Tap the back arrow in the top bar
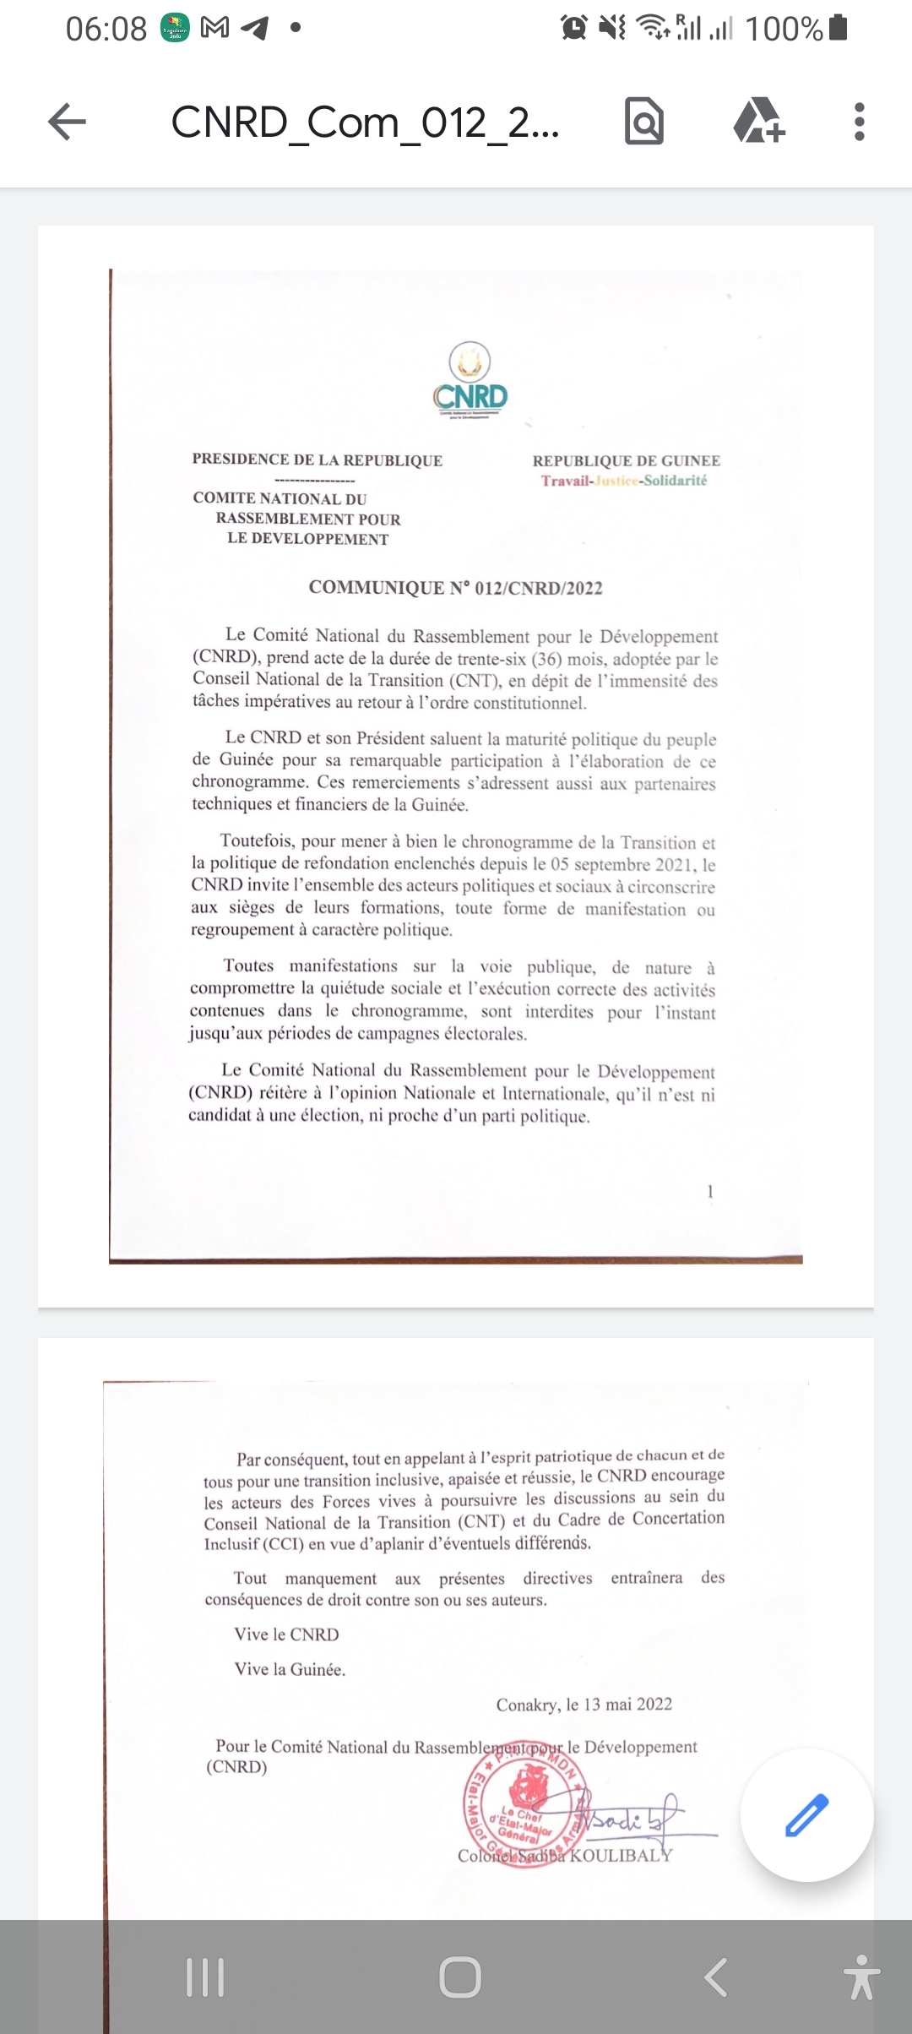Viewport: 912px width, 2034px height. click(x=68, y=122)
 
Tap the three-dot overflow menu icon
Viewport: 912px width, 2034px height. click(x=859, y=122)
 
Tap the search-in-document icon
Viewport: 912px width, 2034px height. click(x=644, y=122)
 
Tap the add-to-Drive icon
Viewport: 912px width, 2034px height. click(x=758, y=122)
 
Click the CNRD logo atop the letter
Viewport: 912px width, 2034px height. click(x=470, y=381)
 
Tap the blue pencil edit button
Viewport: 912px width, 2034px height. click(x=806, y=1814)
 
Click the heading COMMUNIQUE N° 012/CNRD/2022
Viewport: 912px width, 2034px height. click(x=455, y=588)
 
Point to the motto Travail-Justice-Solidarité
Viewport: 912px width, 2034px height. click(x=624, y=481)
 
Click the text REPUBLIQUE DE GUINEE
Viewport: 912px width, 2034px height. click(x=626, y=460)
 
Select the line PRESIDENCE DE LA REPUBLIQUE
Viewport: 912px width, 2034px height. click(x=317, y=460)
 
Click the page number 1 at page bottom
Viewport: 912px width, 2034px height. click(x=710, y=1191)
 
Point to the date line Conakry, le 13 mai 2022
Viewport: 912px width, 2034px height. click(x=584, y=1704)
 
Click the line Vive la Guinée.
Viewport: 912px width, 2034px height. click(x=290, y=1669)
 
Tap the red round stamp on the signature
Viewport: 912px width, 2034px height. click(x=524, y=1808)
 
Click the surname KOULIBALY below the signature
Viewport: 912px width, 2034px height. click(x=621, y=1856)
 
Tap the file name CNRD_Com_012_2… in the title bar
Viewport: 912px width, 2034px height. click(x=365, y=122)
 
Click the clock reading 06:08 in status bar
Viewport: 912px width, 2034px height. click(x=106, y=30)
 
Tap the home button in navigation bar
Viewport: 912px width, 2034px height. click(x=459, y=1977)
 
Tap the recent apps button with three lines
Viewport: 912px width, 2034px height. click(x=205, y=1977)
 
